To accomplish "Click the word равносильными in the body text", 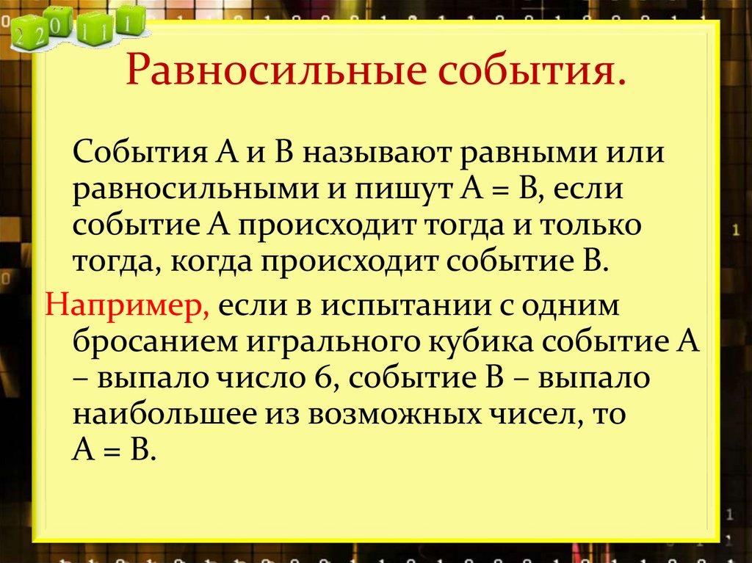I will [190, 190].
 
